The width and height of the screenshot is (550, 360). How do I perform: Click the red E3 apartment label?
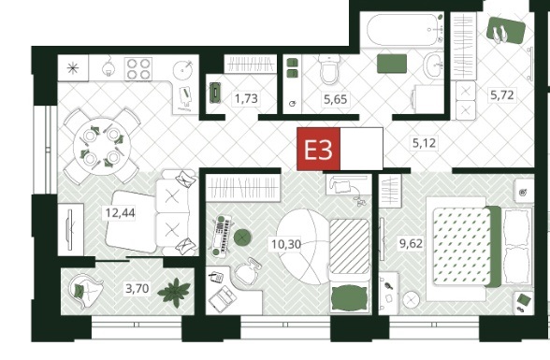pyautogui.click(x=318, y=150)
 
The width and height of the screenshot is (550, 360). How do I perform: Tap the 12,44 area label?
pyautogui.click(x=121, y=213)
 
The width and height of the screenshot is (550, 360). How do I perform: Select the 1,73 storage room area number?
pyautogui.click(x=246, y=98)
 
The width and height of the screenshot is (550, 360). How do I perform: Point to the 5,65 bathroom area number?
pyautogui.click(x=335, y=99)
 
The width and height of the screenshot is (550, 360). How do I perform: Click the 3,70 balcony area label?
pyautogui.click(x=137, y=289)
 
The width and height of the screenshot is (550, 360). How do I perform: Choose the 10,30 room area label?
pyautogui.click(x=286, y=244)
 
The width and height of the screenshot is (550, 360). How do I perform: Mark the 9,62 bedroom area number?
pyautogui.click(x=412, y=243)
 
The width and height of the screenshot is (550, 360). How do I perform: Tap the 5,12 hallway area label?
pyautogui.click(x=424, y=143)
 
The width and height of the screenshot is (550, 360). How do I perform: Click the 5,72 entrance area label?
pyautogui.click(x=502, y=95)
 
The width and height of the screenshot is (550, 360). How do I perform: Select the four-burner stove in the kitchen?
pyautogui.click(x=138, y=68)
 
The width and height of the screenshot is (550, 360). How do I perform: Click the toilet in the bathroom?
pyautogui.click(x=328, y=69)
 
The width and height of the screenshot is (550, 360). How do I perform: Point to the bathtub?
pyautogui.click(x=404, y=29)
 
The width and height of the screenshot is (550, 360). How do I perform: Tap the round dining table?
pyautogui.click(x=102, y=146)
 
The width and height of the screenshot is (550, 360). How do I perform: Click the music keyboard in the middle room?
pyautogui.click(x=222, y=235)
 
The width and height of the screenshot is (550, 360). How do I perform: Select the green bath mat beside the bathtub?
pyautogui.click(x=392, y=64)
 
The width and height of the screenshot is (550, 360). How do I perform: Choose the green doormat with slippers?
pyautogui.click(x=506, y=31)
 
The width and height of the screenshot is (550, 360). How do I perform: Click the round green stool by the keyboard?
pyautogui.click(x=241, y=238)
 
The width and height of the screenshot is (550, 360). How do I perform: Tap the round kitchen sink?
pyautogui.click(x=183, y=70)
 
